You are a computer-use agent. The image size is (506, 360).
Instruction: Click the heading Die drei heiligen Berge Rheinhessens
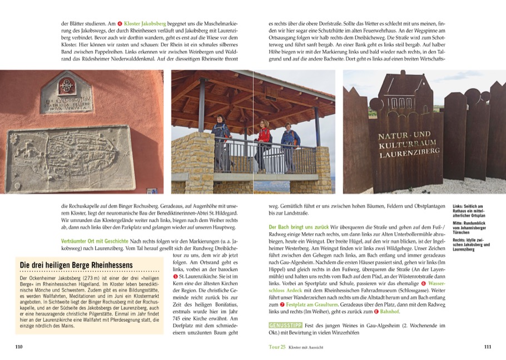coord(76,265)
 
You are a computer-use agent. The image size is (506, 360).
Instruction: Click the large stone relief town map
coord(69,159)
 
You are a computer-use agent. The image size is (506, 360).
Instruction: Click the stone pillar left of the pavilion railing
coord(193,162)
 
